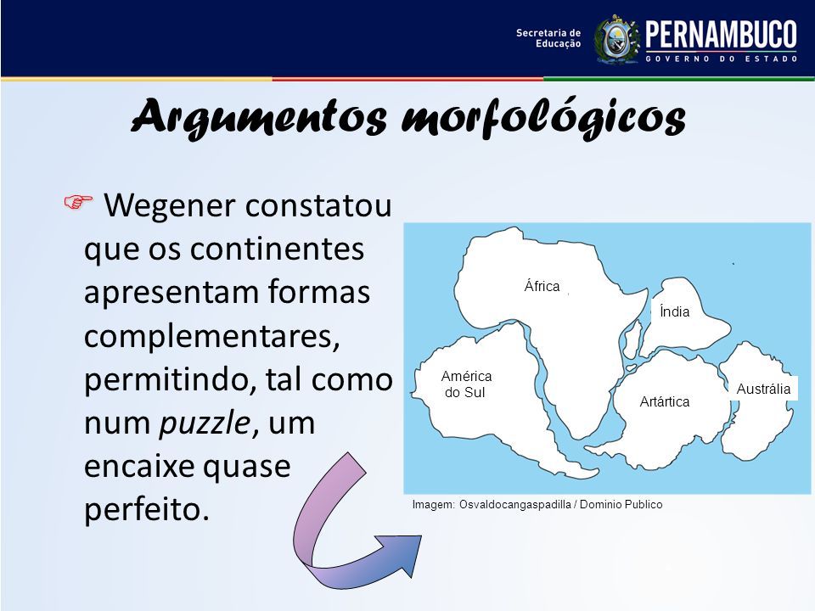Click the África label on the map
[542, 286]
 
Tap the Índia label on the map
[674, 311]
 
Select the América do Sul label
[466, 384]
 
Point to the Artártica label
[664, 401]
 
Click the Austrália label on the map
[763, 389]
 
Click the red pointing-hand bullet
[78, 201]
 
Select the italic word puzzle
[205, 424]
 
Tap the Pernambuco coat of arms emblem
[616, 40]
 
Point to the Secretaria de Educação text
[548, 38]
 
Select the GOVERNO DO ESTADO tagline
[722, 59]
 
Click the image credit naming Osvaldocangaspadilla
[537, 504]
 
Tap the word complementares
[212, 337]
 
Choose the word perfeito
[147, 509]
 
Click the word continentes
[277, 249]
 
